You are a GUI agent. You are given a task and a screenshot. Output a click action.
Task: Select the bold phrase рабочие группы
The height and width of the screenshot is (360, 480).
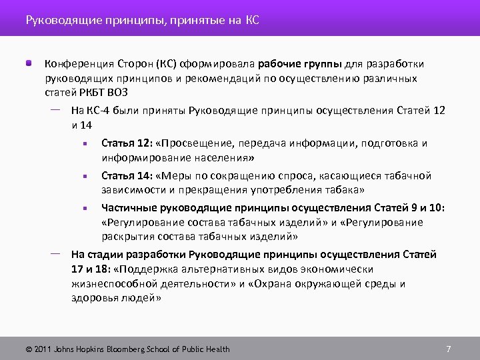[299, 65]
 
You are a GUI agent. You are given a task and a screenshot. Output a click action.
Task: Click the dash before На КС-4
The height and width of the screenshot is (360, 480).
[55, 108]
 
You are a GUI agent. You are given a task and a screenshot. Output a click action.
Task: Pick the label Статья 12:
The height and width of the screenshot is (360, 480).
[127, 143]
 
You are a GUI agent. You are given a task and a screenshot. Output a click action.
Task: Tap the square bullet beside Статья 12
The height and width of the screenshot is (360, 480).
[85, 143]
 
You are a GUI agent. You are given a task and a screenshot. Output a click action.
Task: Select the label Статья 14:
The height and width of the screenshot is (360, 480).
[127, 175]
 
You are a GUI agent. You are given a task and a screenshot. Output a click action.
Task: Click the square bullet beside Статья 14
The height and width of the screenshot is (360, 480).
[85, 176]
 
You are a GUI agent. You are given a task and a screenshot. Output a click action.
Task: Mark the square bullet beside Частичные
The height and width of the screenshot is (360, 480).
[85, 209]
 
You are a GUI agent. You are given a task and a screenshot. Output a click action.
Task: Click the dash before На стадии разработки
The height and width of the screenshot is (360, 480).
[55, 253]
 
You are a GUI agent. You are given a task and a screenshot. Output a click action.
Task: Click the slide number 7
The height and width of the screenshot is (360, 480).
[449, 349]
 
